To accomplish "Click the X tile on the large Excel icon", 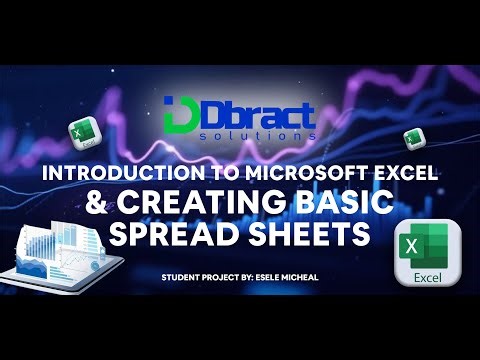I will click(413, 246).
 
